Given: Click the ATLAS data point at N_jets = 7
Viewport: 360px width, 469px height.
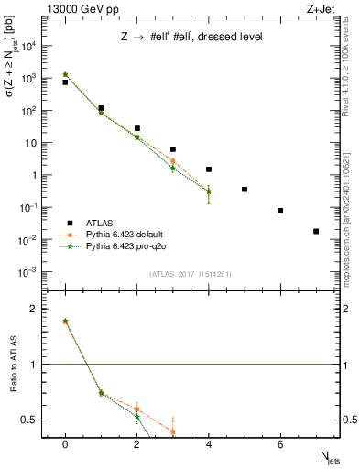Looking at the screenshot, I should (x=316, y=231).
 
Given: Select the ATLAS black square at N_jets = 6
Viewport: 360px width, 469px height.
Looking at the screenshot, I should (x=280, y=211).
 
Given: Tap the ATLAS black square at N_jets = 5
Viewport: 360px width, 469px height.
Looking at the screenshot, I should (x=245, y=190).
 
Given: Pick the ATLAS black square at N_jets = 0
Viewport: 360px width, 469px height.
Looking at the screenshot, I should (x=65, y=82).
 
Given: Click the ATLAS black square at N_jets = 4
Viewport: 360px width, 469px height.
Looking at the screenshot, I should (x=209, y=169).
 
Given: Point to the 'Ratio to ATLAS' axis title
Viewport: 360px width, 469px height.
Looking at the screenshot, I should (x=13, y=365).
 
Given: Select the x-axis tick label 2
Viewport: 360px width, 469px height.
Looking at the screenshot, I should (x=136, y=444).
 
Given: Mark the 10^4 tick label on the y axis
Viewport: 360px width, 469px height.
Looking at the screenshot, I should (x=34, y=46).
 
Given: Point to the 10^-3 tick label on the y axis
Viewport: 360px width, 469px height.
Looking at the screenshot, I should (x=34, y=272).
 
